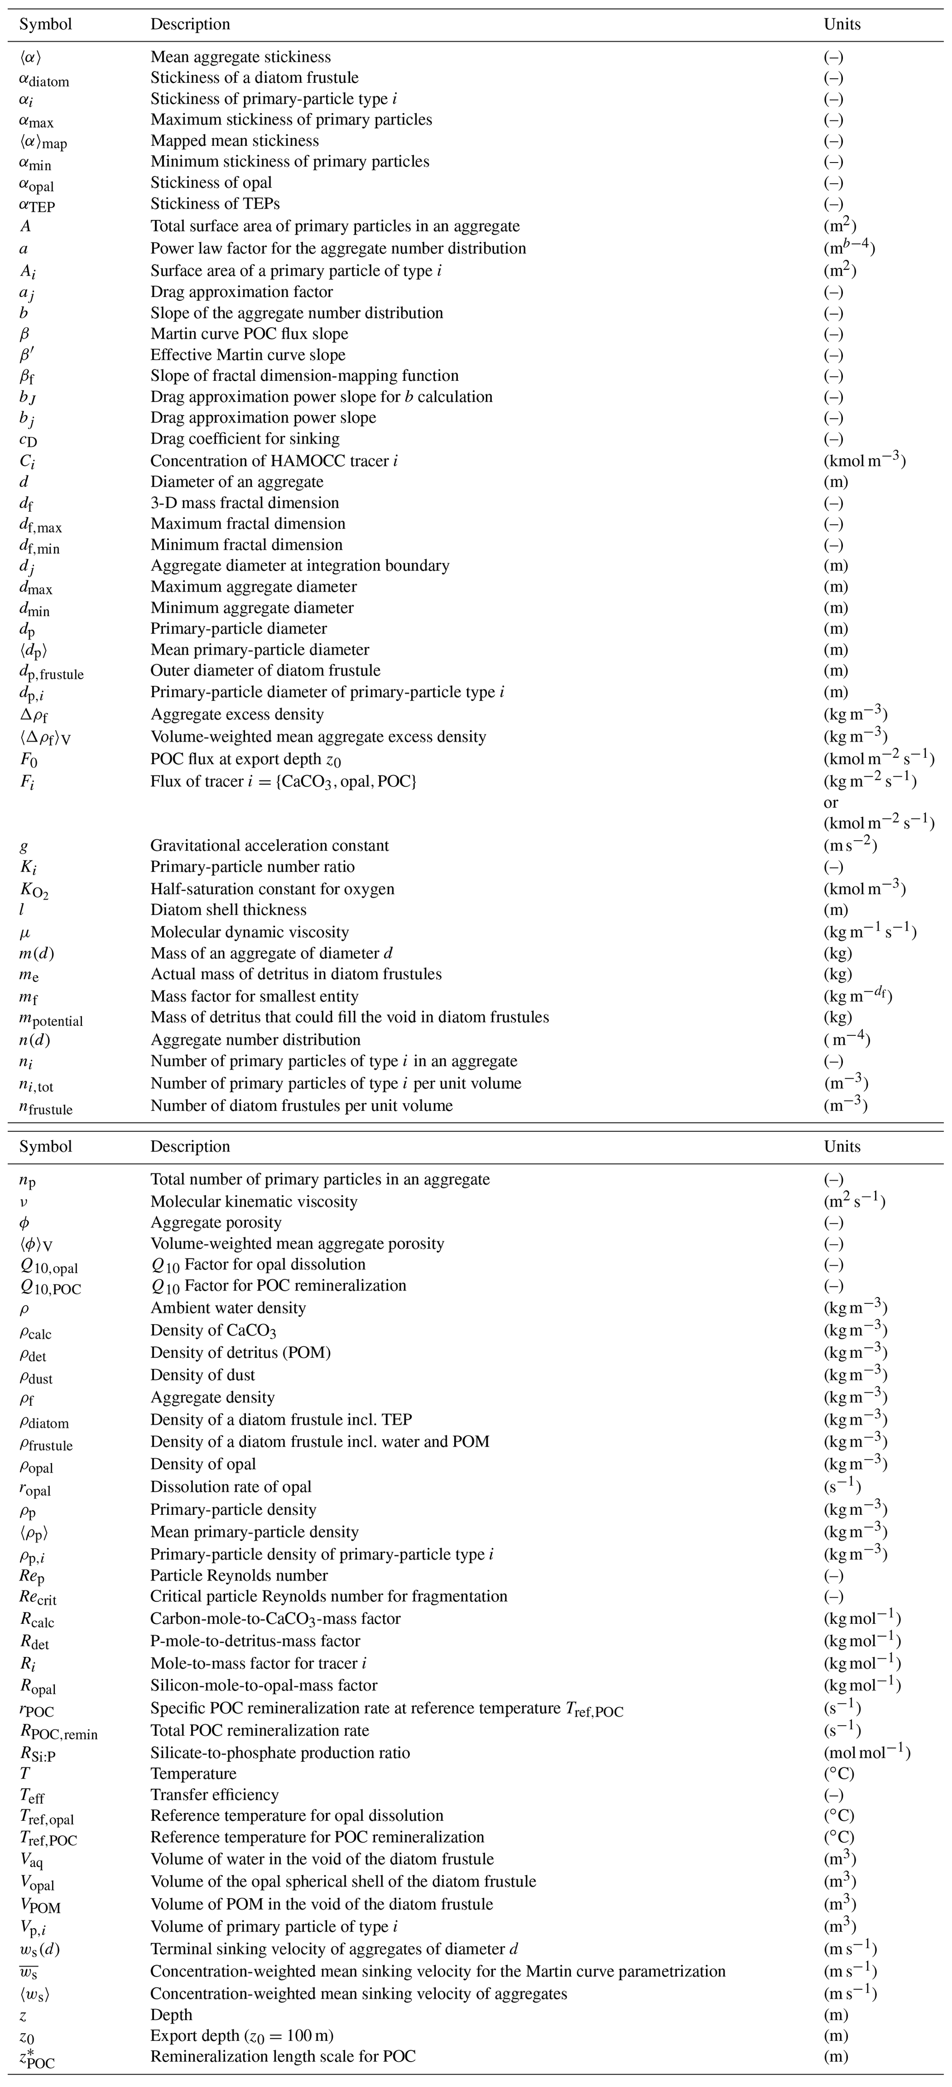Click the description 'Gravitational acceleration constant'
pos(269,845)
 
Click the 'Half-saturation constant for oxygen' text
pos(272,888)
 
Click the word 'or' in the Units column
pos(830,802)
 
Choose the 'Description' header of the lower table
pos(190,1146)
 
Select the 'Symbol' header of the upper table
pos(46,24)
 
